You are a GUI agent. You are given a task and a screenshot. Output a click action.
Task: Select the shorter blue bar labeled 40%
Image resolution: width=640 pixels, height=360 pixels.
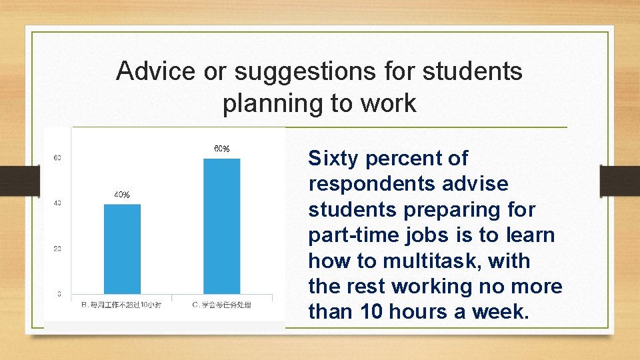tap(122, 248)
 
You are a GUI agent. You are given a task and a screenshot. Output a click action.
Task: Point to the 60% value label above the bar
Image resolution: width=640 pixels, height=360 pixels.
tap(221, 149)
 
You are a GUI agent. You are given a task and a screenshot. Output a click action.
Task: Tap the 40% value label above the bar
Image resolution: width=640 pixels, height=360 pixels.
tap(122, 195)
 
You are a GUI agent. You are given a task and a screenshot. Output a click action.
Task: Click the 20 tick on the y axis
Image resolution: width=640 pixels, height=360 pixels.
tap(57, 249)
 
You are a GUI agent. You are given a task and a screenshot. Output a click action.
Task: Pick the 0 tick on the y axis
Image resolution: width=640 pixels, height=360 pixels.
tap(59, 294)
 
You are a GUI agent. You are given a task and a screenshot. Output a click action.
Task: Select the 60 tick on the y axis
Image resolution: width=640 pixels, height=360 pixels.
tap(57, 158)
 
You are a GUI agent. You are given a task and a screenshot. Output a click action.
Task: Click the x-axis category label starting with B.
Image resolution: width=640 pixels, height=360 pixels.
tap(122, 305)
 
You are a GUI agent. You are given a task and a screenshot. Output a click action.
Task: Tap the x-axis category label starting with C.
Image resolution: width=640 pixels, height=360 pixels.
tap(222, 305)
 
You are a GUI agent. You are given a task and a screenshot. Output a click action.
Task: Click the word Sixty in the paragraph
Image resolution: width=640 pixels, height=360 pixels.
tap(333, 159)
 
